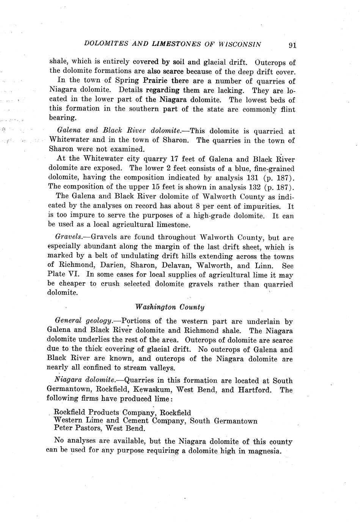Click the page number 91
point(292,45)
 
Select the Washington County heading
point(170,307)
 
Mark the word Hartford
point(253,390)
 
